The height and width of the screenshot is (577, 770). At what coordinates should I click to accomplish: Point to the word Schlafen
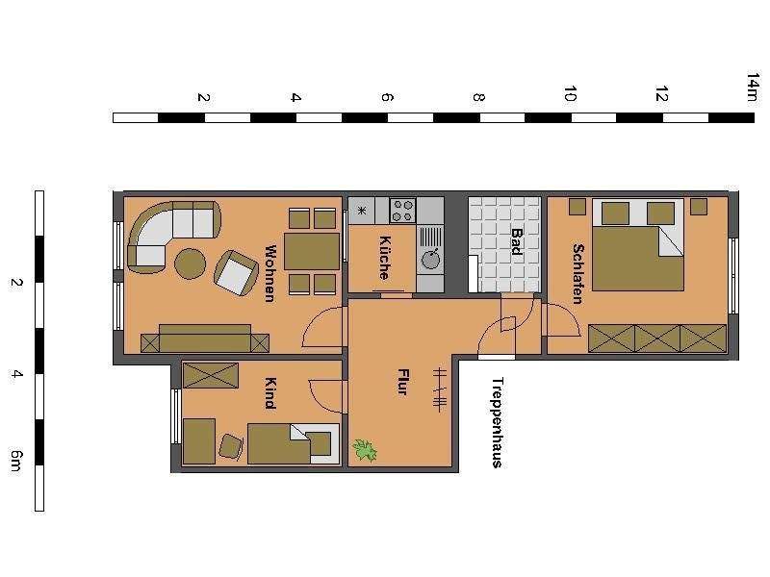tap(577, 273)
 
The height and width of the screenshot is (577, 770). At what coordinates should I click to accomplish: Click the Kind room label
tap(270, 392)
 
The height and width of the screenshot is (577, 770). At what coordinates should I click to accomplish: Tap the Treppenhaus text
tap(497, 421)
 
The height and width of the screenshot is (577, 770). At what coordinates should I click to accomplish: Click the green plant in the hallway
tap(365, 449)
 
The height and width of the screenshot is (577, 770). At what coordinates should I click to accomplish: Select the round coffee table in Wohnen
tap(190, 263)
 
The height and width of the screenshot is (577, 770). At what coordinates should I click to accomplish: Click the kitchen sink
tap(430, 258)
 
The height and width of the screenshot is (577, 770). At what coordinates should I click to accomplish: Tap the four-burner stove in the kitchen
tap(402, 210)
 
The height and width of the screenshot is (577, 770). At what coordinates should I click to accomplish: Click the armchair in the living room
tap(234, 272)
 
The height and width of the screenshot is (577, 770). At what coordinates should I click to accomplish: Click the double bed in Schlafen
tap(637, 244)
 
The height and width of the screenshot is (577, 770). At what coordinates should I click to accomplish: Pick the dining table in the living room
tap(312, 251)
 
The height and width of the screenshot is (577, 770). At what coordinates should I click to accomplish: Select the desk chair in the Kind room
tap(231, 445)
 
